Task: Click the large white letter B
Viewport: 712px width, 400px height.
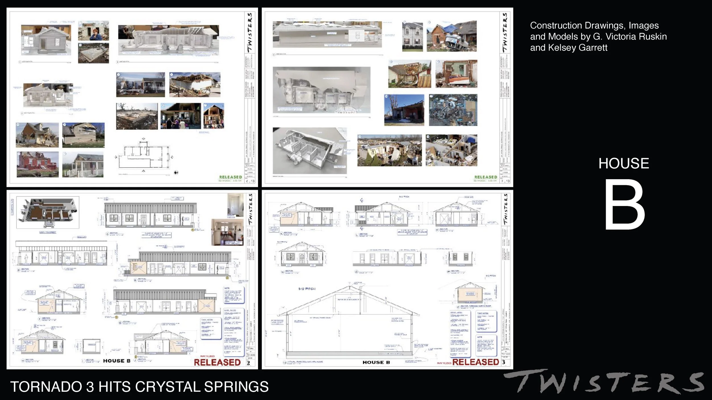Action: tap(625, 205)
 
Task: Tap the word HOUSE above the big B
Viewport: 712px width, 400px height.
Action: tap(623, 164)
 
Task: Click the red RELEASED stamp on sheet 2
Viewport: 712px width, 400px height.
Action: tap(217, 362)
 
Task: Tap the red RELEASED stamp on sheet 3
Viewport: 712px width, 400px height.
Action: tap(476, 362)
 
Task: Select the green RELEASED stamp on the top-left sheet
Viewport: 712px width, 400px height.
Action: tap(230, 177)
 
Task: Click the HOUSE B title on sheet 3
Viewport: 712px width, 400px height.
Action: tap(376, 362)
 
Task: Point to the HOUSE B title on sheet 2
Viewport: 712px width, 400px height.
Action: tap(116, 361)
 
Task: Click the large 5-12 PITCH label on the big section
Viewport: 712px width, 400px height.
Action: tap(307, 289)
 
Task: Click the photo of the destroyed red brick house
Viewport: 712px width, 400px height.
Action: tap(38, 164)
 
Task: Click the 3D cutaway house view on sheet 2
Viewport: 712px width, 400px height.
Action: tap(48, 212)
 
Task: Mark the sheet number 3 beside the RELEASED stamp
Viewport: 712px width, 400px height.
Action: tap(504, 362)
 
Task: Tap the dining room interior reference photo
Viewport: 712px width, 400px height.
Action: tap(227, 232)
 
